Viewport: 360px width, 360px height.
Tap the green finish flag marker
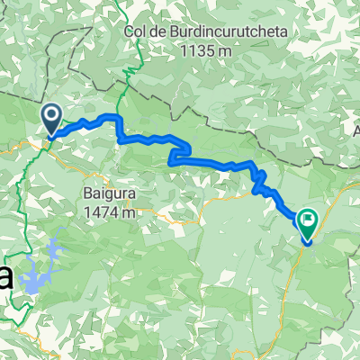coord(309,222)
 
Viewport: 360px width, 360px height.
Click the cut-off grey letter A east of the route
coord(356,131)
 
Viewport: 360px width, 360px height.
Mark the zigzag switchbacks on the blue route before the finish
coord(260,181)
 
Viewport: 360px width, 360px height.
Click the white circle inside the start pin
coord(50,114)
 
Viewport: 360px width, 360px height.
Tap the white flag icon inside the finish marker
coord(309,218)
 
